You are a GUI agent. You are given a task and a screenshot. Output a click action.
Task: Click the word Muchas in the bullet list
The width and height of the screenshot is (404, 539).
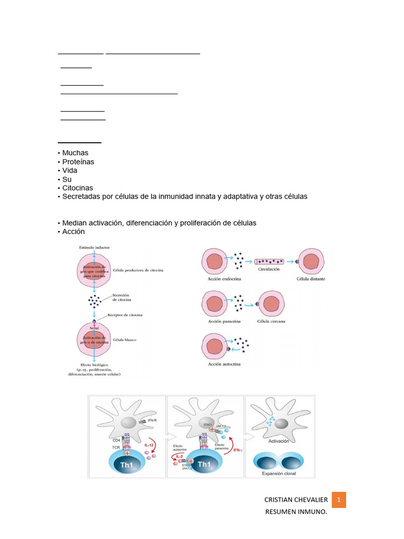(x=75, y=153)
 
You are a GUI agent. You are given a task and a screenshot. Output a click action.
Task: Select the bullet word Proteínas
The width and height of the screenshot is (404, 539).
(x=78, y=162)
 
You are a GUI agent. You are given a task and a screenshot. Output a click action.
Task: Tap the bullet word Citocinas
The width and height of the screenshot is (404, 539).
(x=77, y=188)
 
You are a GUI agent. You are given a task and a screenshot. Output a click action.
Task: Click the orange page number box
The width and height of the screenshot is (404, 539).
(x=339, y=500)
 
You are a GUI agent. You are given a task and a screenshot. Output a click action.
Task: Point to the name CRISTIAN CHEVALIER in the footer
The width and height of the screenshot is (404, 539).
(x=296, y=500)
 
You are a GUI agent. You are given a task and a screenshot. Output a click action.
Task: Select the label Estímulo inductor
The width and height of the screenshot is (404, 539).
(x=94, y=247)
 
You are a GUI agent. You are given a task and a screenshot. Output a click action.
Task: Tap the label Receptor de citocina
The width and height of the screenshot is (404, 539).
(x=125, y=315)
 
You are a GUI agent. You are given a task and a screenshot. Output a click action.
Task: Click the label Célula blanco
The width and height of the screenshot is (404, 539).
(x=124, y=340)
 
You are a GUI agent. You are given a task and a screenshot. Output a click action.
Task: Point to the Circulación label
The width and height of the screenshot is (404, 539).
(x=269, y=269)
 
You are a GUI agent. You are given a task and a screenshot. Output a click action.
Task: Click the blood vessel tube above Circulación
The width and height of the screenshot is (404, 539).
(x=269, y=261)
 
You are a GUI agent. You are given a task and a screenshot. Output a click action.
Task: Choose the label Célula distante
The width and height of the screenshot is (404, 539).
(x=310, y=279)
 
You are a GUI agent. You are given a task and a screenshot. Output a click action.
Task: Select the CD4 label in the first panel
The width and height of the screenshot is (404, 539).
(x=116, y=440)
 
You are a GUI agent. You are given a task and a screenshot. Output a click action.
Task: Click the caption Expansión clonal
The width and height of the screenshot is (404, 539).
(x=280, y=474)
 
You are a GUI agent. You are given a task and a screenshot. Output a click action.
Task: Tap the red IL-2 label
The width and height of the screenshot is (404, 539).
(x=179, y=455)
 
